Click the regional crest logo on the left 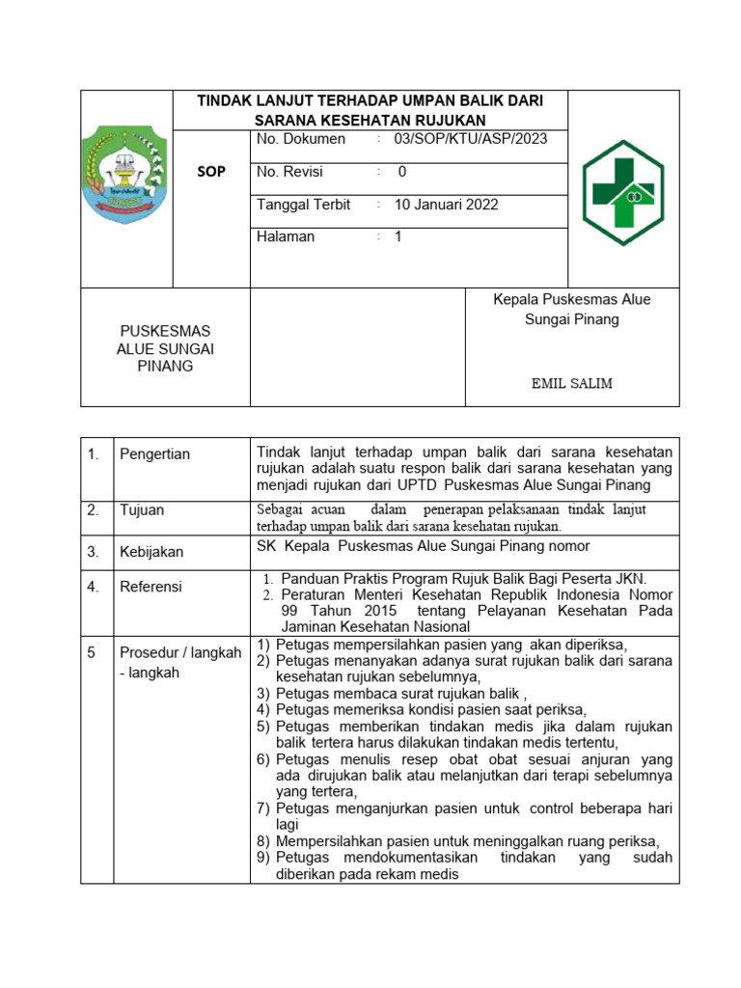point(126,175)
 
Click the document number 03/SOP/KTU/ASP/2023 point(470,139)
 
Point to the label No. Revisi point(289,172)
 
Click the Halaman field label point(286,236)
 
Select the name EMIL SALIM point(572,383)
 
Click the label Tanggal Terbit point(303,205)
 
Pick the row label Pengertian point(154,454)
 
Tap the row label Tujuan point(141,510)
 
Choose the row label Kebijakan point(151,552)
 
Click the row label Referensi point(151,587)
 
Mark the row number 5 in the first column point(92,653)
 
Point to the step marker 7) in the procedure point(263,808)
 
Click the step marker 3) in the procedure point(263,693)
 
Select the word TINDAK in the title point(223,100)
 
